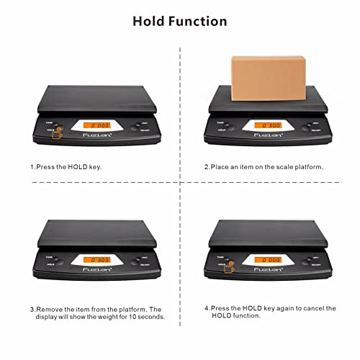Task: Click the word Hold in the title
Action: (x=150, y=21)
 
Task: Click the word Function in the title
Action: (x=199, y=21)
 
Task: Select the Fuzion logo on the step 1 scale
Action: (x=95, y=137)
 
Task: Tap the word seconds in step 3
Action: (x=148, y=317)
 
